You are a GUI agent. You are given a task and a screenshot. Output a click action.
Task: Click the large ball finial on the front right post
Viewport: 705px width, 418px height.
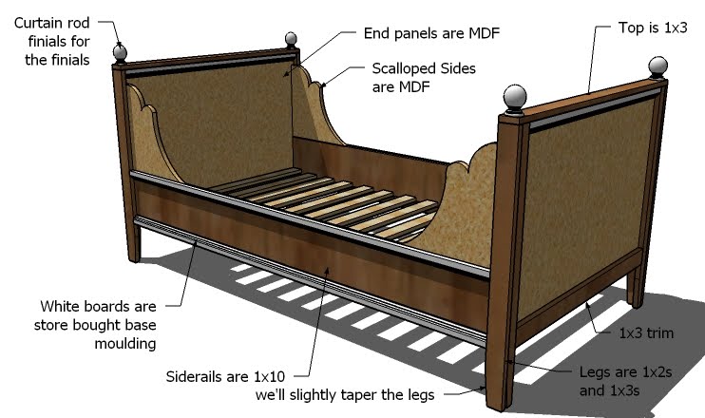point(514,98)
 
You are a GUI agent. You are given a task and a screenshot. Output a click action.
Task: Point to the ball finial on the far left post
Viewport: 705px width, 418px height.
point(121,52)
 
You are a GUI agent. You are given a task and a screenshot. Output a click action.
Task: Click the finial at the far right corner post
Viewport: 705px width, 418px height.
point(658,66)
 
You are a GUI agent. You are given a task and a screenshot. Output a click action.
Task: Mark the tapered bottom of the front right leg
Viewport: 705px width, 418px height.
point(501,380)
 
